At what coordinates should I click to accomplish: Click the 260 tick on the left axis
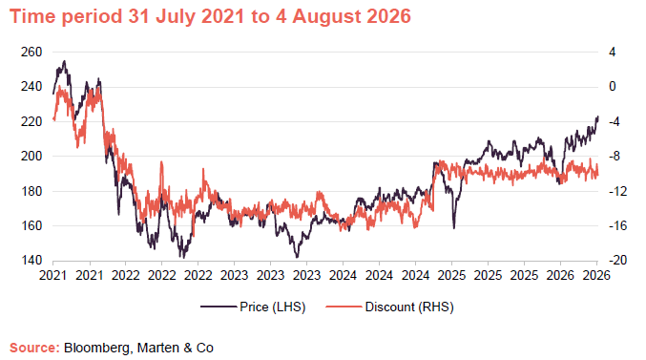click(x=31, y=52)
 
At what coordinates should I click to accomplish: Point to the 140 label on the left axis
click(x=31, y=260)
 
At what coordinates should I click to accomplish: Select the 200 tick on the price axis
click(x=31, y=157)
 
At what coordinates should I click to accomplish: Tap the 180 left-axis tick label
click(x=31, y=191)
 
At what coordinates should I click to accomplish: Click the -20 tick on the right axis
click(x=617, y=260)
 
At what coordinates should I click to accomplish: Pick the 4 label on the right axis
click(x=613, y=52)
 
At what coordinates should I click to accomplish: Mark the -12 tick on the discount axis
click(x=617, y=191)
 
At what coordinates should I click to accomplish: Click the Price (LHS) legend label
click(x=273, y=307)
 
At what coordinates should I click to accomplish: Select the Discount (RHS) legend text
click(x=409, y=307)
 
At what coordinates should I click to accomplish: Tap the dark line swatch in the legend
click(x=219, y=307)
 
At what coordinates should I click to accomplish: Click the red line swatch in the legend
click(x=344, y=307)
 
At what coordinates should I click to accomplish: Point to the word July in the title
click(x=175, y=16)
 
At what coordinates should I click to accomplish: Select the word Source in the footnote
click(x=34, y=348)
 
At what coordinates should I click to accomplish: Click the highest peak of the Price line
click(x=64, y=61)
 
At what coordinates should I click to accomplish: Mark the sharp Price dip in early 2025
click(x=454, y=228)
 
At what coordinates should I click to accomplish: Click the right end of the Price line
click(x=597, y=116)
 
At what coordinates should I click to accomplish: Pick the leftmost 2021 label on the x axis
click(x=53, y=275)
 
